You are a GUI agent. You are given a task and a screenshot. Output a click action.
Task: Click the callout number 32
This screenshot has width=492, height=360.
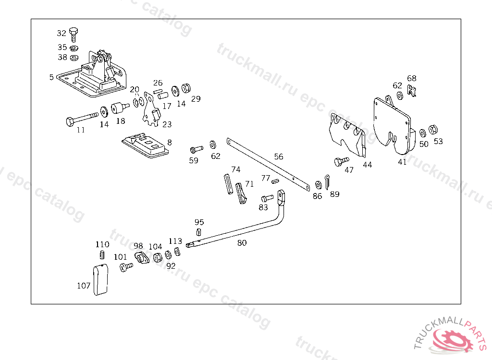click(61, 33)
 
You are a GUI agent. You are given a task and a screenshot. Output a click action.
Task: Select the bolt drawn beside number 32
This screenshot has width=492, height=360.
click(73, 34)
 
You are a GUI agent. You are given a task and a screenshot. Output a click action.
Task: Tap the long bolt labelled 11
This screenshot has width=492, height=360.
click(81, 118)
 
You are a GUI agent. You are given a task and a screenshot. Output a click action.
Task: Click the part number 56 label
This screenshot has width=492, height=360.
click(279, 156)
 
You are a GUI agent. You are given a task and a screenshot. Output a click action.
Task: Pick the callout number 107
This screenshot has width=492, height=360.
click(84, 286)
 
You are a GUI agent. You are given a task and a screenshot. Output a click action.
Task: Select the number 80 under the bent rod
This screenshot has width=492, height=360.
click(242, 243)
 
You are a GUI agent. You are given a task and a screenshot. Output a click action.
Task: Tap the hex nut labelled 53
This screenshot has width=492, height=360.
click(432, 129)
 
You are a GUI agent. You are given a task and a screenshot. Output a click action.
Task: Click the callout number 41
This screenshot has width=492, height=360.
click(402, 162)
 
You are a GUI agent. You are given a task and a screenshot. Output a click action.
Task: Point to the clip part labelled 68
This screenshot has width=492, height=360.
click(411, 90)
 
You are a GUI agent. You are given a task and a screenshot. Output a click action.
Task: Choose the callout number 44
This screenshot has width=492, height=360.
click(368, 165)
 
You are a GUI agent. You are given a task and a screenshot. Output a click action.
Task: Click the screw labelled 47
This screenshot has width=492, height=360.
click(341, 161)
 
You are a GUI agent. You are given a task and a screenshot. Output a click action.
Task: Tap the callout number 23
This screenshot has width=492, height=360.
click(167, 124)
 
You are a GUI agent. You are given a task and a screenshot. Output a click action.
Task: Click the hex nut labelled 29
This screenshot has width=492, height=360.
click(187, 88)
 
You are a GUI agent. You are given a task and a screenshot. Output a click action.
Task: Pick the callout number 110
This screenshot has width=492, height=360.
click(102, 244)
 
